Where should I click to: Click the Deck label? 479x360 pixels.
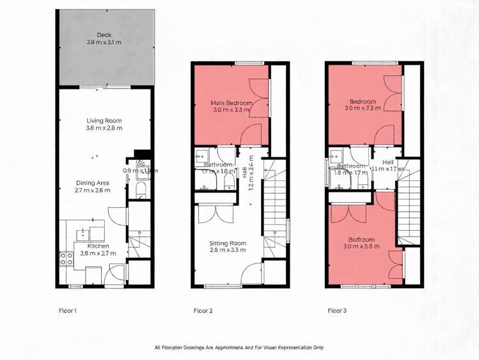pyautogui.click(x=104, y=35)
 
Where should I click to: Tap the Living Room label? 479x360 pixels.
pyautogui.click(x=104, y=120)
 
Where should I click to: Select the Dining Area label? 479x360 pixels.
pyautogui.click(x=93, y=183)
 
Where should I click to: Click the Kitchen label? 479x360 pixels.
pyautogui.click(x=98, y=246)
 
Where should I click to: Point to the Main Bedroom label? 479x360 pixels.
pyautogui.click(x=231, y=102)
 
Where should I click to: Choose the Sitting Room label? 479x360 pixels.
pyautogui.click(x=228, y=243)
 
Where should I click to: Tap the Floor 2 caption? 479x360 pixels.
pyautogui.click(x=203, y=311)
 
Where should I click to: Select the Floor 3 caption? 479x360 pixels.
pyautogui.click(x=337, y=311)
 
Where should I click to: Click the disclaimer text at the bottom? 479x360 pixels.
pyautogui.click(x=239, y=348)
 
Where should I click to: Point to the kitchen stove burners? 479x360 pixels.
pyautogui.click(x=66, y=258)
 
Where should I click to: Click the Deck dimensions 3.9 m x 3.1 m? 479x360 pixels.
pyautogui.click(x=104, y=42)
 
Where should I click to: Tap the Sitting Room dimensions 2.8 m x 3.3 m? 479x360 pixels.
pyautogui.click(x=228, y=251)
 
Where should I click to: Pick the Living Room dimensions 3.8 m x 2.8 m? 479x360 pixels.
pyautogui.click(x=104, y=128)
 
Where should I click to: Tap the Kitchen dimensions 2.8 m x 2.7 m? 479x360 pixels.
pyautogui.click(x=98, y=254)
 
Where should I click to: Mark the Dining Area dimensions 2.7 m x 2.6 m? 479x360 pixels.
pyautogui.click(x=93, y=191)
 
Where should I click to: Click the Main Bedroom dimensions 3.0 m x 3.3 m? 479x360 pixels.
pyautogui.click(x=231, y=110)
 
